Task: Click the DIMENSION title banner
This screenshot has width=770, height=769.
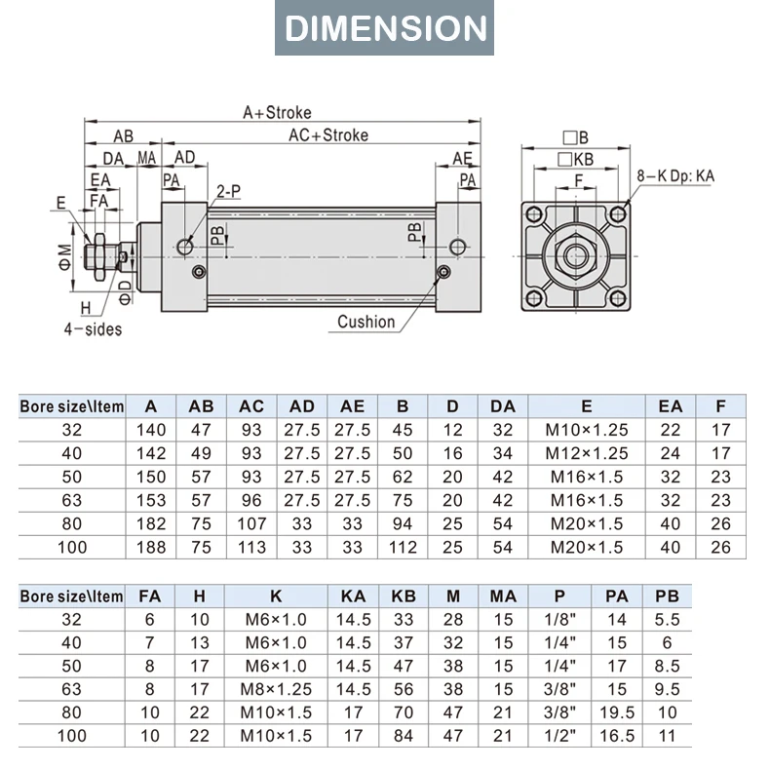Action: click(384, 27)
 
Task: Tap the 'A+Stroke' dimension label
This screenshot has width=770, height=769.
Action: click(277, 112)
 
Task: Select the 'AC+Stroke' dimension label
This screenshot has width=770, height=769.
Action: click(328, 135)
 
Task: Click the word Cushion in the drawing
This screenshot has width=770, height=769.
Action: click(366, 322)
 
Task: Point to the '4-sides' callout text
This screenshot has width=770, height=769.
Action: click(93, 329)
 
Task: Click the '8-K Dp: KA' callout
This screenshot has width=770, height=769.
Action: click(675, 175)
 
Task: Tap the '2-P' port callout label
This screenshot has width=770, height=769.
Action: click(229, 191)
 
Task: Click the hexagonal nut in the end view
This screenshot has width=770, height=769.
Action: click(575, 255)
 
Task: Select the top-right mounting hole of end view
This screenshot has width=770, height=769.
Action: click(618, 214)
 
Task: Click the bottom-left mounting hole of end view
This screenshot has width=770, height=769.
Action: click(534, 297)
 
